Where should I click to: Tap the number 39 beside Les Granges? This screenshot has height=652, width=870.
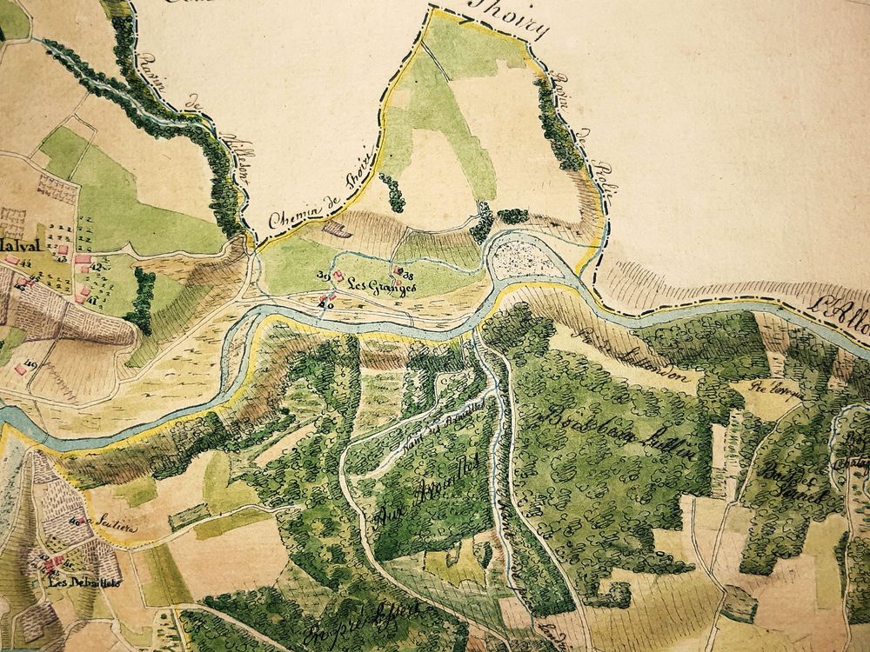tap(322, 276)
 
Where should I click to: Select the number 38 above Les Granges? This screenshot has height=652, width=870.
tap(405, 275)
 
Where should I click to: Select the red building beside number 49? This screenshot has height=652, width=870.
tap(19, 370)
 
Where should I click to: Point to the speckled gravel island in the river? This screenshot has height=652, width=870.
tap(526, 260)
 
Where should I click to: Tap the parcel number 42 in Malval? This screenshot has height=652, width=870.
tap(96, 268)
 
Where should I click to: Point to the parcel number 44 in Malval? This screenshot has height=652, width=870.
tap(92, 300)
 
